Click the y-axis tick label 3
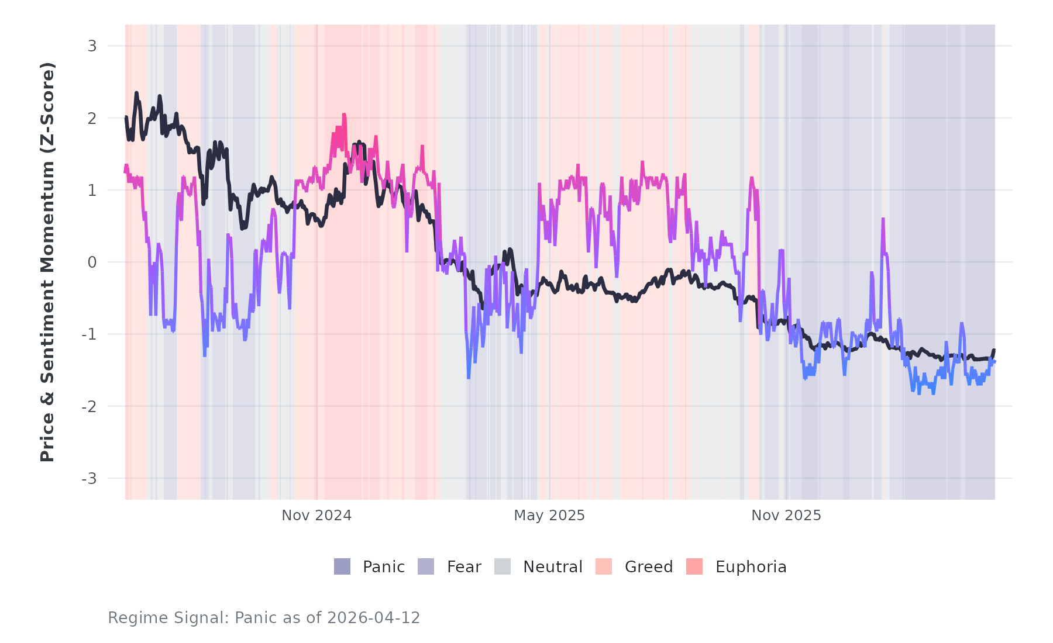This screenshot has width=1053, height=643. coord(92,46)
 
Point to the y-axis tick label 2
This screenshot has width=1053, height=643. coord(92,118)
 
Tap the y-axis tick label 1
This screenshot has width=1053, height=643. coord(92,190)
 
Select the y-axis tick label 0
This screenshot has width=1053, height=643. coord(92,262)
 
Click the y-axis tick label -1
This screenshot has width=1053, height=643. coord(89,334)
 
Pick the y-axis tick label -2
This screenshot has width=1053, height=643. coord(89,406)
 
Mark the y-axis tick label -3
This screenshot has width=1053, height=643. coord(89,479)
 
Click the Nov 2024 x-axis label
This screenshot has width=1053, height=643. coord(316,516)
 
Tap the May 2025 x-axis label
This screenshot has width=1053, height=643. coord(549,516)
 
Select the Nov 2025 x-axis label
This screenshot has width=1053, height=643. coord(786,516)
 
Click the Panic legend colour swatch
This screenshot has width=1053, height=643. coord(342,566)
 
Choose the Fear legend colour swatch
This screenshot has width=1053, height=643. coord(426,566)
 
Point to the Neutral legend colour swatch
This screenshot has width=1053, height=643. coord(503,566)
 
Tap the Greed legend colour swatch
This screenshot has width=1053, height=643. coord(604,566)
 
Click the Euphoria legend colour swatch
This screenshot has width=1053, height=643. coord(694,566)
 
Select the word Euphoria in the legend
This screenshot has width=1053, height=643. coord(751,567)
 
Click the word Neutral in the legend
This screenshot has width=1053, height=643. coord(552,567)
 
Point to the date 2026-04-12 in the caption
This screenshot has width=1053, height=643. coord(374,618)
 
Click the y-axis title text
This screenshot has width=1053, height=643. coord(47,262)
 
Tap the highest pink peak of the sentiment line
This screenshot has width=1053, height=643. coord(344,115)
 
